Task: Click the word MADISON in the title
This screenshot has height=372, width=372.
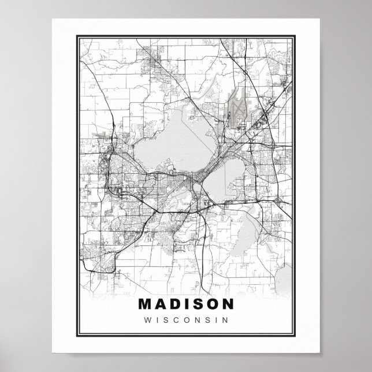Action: click(187, 303)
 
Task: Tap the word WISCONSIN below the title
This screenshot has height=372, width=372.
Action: click(187, 318)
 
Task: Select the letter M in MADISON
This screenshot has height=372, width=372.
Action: click(145, 303)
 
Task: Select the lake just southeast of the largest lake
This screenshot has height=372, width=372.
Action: click(222, 183)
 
